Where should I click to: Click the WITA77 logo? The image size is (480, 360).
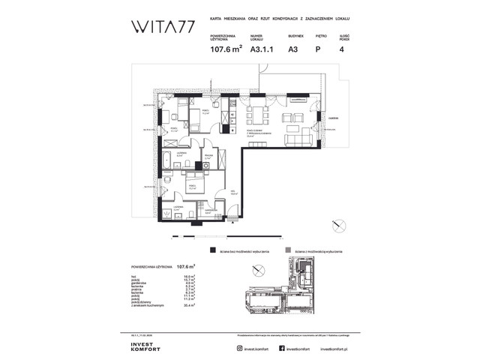[160, 28]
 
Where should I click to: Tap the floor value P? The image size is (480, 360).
[319, 50]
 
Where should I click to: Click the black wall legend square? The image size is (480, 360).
[214, 251]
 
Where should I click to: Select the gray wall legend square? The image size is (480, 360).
[289, 251]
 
